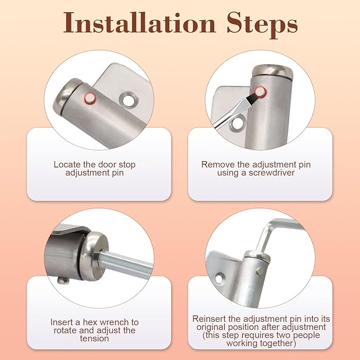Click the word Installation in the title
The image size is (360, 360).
click(139, 23)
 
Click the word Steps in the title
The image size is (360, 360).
click(262, 25)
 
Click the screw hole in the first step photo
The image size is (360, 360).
click(128, 100)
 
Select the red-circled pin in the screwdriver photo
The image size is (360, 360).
click(260, 92)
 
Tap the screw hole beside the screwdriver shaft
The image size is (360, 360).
click(238, 124)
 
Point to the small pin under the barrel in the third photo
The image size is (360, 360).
click(64, 280)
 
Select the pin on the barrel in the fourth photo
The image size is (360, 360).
click(260, 271)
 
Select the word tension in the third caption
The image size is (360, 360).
click(94, 338)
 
